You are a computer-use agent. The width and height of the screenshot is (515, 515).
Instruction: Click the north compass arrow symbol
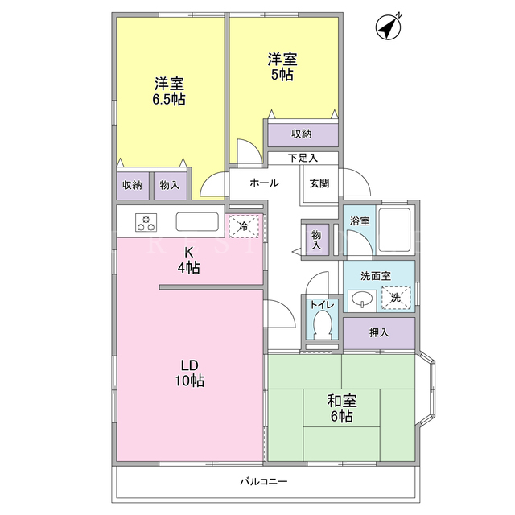pyautogui.click(x=389, y=27)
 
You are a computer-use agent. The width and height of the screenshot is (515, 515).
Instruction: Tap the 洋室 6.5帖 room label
pyautogui.click(x=169, y=91)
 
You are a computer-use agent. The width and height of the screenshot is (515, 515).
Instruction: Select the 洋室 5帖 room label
pyautogui.click(x=282, y=67)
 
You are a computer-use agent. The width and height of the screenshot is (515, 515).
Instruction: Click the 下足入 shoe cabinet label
pyautogui.click(x=303, y=158)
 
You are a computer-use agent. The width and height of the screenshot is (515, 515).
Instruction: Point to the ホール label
pyautogui.click(x=264, y=183)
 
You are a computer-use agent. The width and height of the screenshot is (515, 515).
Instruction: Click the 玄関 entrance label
pyautogui.click(x=319, y=183)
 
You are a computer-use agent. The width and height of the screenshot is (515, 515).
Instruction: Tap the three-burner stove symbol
pyautogui.click(x=146, y=223)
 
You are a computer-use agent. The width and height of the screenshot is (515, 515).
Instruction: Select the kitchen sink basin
pyautogui.click(x=197, y=222)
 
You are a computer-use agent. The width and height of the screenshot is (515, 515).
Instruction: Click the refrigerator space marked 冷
pyautogui.click(x=244, y=225)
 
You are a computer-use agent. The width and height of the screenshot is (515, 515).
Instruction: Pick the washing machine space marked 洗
pyautogui.click(x=396, y=298)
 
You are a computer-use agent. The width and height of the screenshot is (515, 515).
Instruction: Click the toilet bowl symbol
pyautogui.click(x=322, y=323)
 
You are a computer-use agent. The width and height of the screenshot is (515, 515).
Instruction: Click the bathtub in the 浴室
pyautogui.click(x=394, y=230)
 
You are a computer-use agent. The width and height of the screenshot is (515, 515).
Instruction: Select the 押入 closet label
pyautogui.click(x=379, y=332)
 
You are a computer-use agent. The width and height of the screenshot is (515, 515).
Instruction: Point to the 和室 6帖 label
pyautogui.click(x=341, y=408)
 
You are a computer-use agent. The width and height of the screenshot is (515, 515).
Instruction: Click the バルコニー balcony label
pyautogui.click(x=264, y=482)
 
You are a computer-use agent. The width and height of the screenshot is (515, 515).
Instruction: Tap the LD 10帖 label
pyautogui.click(x=190, y=373)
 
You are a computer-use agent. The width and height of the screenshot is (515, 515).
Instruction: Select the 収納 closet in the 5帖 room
pyautogui.click(x=303, y=135)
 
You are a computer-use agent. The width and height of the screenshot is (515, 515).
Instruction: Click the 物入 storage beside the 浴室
pyautogui.click(x=316, y=240)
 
